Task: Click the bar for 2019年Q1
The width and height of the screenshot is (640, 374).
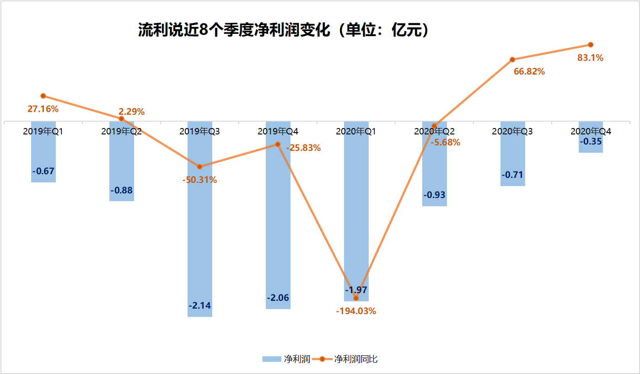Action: click(43, 155)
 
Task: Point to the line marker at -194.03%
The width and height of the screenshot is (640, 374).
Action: click(356, 298)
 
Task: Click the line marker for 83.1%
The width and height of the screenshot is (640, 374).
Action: click(591, 44)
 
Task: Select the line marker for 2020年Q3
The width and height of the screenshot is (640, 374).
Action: click(512, 59)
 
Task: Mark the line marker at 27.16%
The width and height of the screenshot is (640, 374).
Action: click(43, 96)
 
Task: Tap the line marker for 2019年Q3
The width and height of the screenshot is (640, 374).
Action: click(199, 166)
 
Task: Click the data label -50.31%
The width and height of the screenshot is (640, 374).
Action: click(199, 180)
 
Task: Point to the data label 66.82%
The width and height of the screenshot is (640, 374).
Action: click(529, 71)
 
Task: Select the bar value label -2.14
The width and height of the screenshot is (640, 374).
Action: click(200, 305)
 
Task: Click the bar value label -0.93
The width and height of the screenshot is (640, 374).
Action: click(434, 195)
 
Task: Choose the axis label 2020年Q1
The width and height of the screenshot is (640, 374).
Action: click(356, 132)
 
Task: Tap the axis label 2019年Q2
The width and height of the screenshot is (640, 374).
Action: click(121, 132)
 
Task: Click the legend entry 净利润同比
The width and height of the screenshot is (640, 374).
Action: click(355, 359)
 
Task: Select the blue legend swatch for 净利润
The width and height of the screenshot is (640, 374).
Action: click(271, 359)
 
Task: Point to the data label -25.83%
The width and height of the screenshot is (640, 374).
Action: click(303, 148)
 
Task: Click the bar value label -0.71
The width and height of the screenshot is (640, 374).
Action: click(512, 175)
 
